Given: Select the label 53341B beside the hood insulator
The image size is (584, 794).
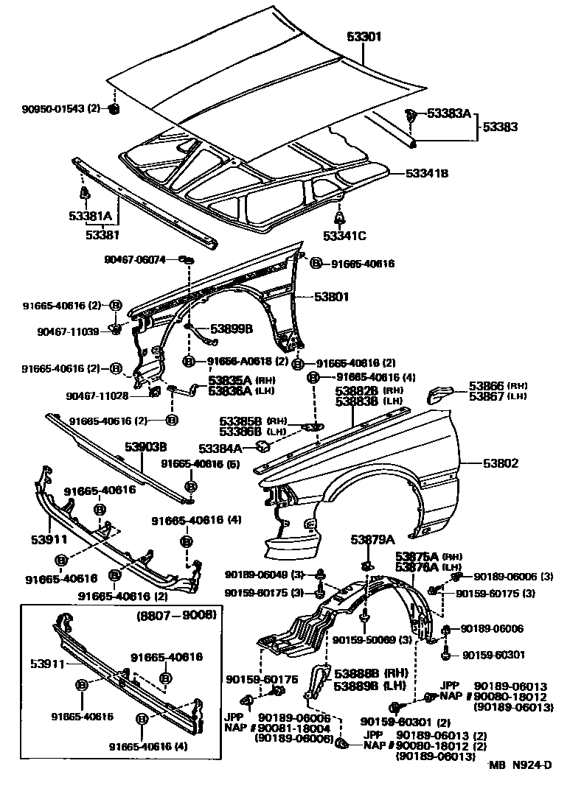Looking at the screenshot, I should pos(427,174).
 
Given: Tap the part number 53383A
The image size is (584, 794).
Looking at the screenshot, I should pos(447,113).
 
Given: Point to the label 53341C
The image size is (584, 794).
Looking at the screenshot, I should pos(344,236).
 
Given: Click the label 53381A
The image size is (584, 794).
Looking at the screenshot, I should pos(91,217).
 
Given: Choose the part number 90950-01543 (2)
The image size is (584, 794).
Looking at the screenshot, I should pos(60,109).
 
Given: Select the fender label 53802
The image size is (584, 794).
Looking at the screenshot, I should pos(501,463).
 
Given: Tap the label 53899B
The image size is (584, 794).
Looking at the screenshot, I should pos(232,329).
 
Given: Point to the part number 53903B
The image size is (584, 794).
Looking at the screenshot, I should pos(145,446).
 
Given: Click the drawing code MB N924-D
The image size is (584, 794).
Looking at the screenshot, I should pos(521,764).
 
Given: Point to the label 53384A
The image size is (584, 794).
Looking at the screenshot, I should pos(220,447).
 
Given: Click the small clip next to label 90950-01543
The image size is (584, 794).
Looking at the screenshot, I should pos(114,109).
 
